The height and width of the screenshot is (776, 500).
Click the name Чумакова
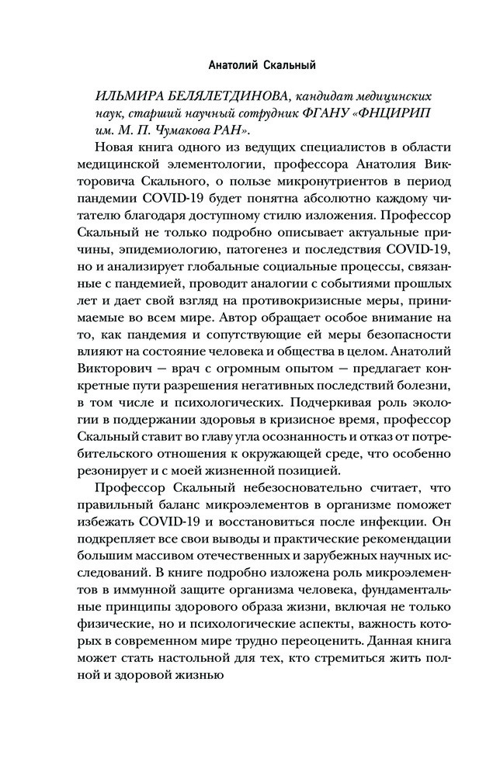coord(170,133)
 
